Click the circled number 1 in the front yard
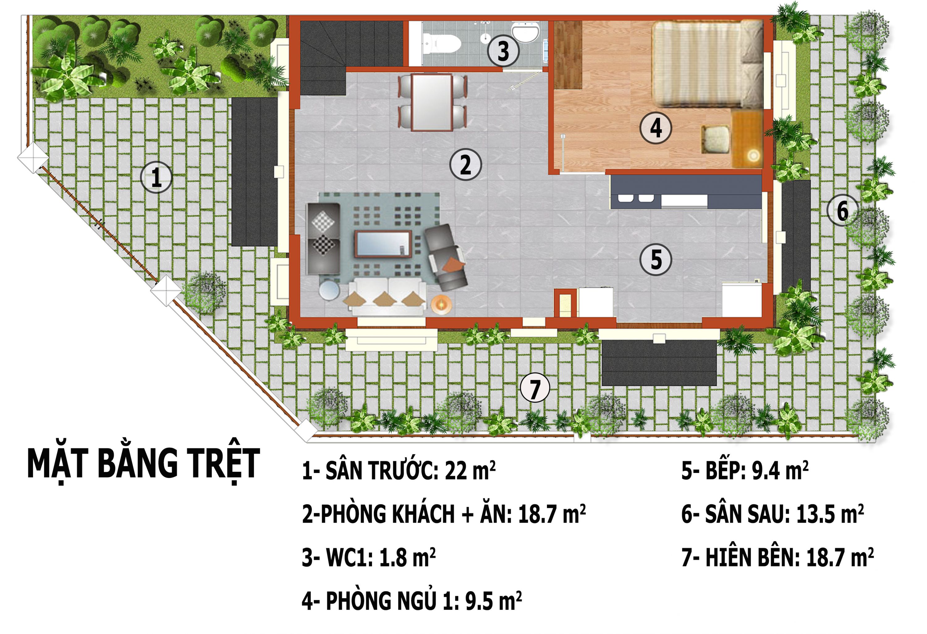click(156, 177)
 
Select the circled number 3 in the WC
click(503, 51)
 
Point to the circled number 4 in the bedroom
click(655, 128)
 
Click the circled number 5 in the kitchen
click(655, 260)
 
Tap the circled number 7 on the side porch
click(535, 387)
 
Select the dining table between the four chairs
click(432, 102)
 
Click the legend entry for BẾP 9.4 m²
click(744, 471)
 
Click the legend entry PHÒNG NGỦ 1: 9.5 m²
click(411, 601)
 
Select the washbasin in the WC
click(525, 31)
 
